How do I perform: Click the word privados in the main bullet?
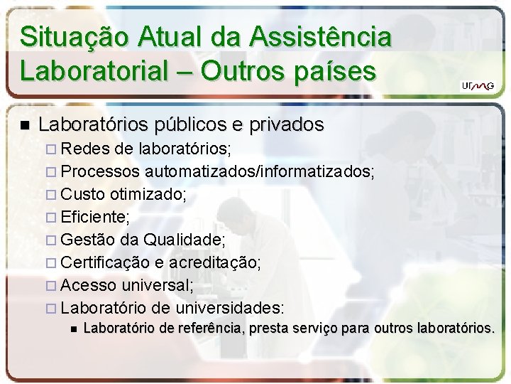(284, 126)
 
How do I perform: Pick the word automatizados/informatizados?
(260, 171)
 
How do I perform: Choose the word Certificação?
(105, 263)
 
